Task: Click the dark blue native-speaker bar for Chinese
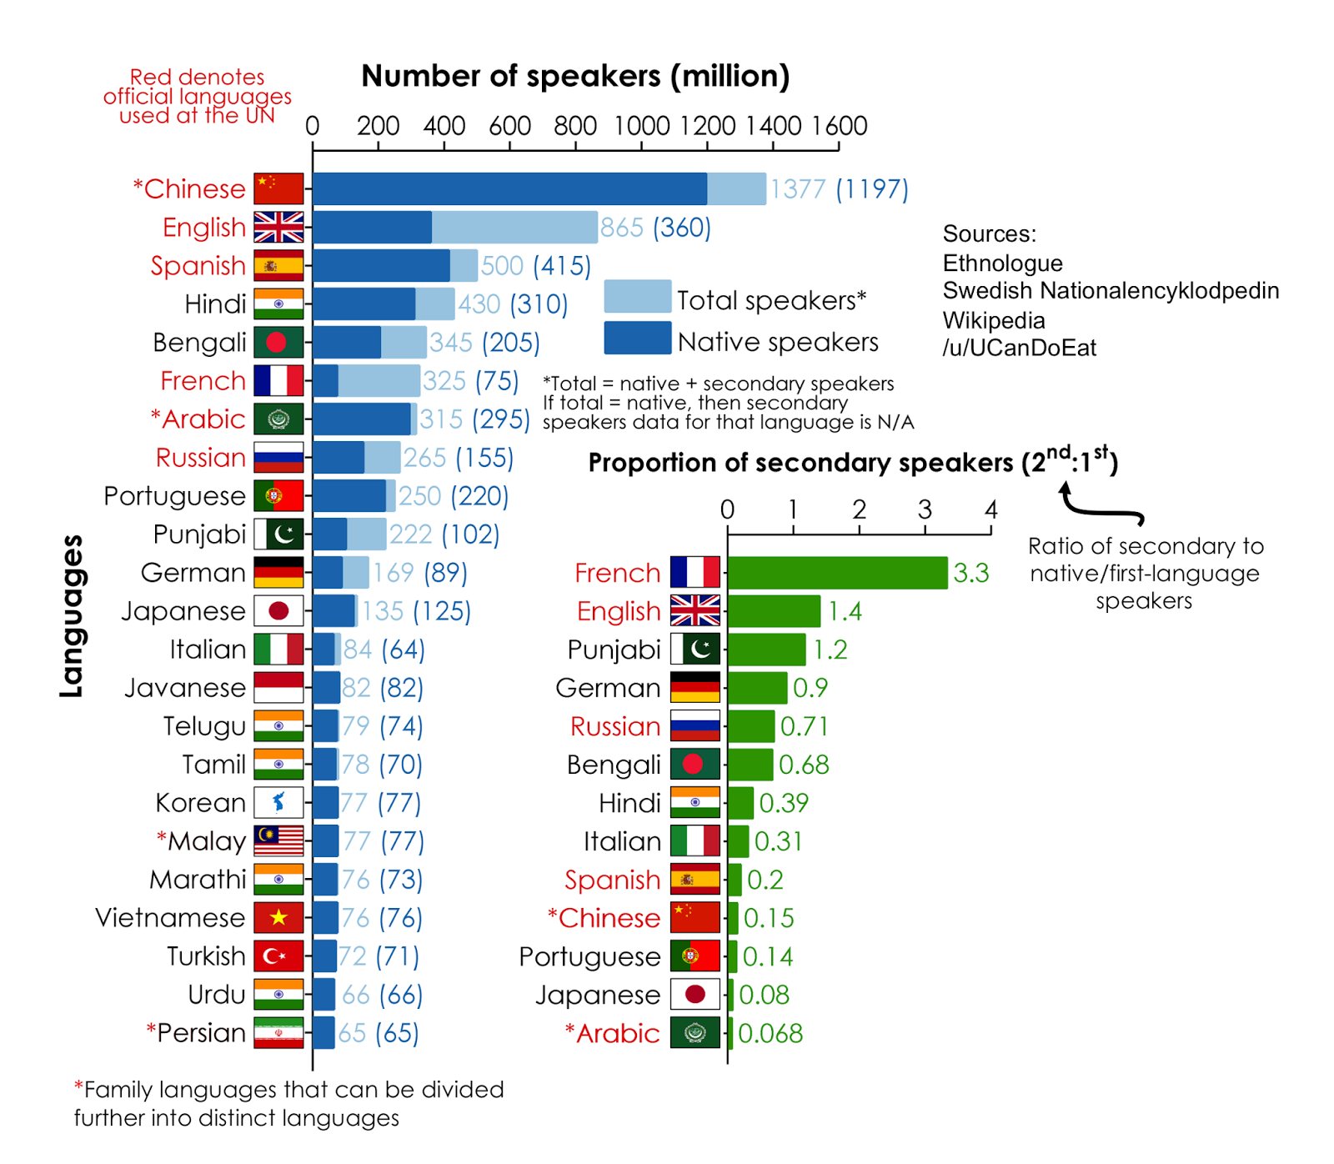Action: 509,189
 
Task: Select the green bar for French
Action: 837,573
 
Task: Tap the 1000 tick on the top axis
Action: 641,127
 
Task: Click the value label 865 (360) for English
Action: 655,228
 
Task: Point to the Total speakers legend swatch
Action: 637,297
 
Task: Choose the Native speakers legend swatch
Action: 637,339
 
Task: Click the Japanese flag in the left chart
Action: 278,611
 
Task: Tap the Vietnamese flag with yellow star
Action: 278,918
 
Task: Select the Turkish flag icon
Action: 278,956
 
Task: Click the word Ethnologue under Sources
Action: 1002,263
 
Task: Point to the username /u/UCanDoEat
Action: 1019,349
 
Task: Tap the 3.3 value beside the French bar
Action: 970,574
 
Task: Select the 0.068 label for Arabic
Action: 770,1034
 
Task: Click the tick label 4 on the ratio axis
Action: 990,509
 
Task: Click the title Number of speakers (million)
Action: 575,77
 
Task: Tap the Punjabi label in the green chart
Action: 614,650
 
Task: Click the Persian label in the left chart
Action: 201,1033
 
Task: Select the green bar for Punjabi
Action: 766,650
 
